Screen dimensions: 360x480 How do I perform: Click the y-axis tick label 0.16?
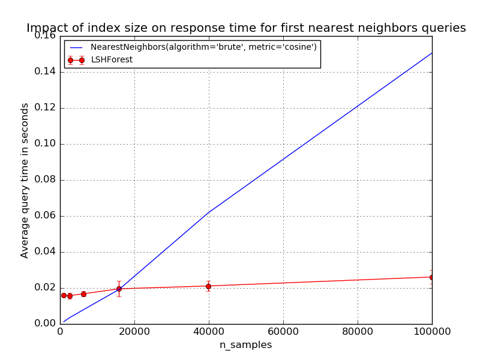click(x=45, y=35)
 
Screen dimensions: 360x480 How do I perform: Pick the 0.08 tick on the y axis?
click(x=45, y=179)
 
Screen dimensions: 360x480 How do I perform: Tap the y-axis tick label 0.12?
click(x=45, y=107)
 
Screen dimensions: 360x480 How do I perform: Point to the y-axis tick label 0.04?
click(x=45, y=251)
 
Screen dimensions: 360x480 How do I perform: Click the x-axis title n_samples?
click(x=245, y=345)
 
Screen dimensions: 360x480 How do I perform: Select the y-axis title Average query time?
click(x=25, y=180)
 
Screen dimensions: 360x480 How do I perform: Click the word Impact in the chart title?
click(x=45, y=28)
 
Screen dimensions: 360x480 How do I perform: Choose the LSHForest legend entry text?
click(x=116, y=60)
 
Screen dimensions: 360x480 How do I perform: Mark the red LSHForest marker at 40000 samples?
click(x=209, y=286)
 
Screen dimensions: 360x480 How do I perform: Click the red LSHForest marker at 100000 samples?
click(x=431, y=277)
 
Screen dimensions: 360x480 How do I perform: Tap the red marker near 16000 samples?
click(x=119, y=289)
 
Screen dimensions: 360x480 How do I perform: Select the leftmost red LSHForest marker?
click(x=64, y=295)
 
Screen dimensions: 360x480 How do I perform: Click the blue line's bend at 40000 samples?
click(x=209, y=212)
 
